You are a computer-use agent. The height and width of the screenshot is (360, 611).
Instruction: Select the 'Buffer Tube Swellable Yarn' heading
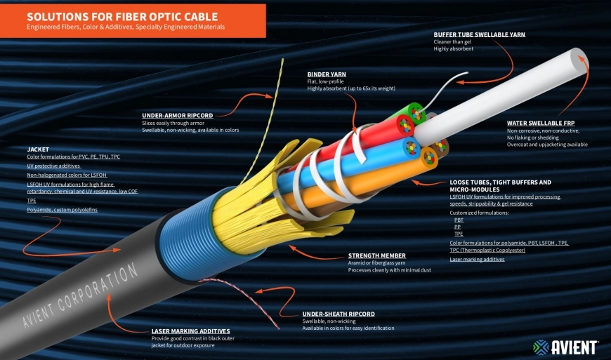pos(479,34)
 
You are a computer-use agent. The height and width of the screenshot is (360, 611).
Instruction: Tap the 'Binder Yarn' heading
pos(327,73)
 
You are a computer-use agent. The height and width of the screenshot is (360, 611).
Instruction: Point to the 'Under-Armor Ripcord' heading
pos(177,115)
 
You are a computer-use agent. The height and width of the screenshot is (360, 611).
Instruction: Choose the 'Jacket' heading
pos(38,149)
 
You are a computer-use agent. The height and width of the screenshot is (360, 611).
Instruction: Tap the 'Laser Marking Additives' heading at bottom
pos(190,331)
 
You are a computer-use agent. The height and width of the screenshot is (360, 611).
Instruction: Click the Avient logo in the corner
pos(565,347)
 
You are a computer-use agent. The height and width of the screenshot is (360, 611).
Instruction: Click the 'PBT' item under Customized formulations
pos(459,220)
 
